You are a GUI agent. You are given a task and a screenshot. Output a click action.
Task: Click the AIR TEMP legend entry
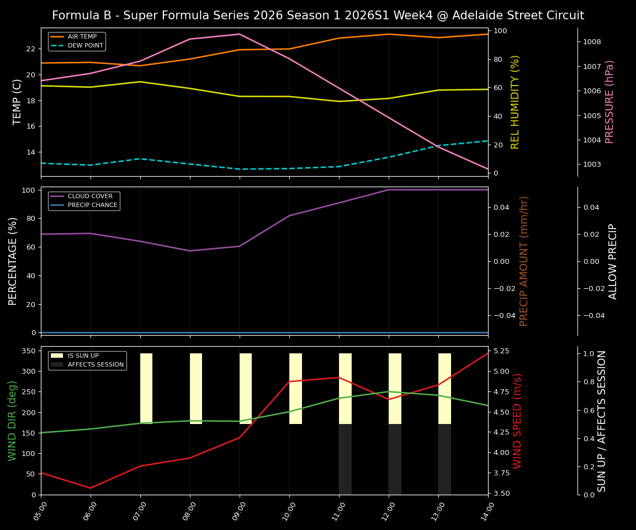point(82,37)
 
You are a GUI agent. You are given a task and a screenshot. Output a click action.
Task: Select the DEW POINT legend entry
point(82,45)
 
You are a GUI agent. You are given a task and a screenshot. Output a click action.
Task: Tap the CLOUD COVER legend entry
point(90,197)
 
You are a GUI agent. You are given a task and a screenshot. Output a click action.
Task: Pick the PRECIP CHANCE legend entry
point(92,205)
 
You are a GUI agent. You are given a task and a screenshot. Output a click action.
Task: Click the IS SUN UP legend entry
point(83,356)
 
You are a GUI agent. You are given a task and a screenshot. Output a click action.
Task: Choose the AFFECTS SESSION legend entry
point(96,364)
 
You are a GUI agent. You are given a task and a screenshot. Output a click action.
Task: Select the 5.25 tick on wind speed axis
point(502,351)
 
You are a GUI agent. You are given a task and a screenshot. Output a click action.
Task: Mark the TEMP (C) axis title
point(18,102)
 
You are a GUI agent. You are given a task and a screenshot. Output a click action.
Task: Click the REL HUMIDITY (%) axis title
point(516,102)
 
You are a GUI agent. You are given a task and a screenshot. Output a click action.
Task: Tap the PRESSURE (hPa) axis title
point(609,102)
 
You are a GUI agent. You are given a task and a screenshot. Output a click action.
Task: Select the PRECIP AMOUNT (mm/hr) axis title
point(524,261)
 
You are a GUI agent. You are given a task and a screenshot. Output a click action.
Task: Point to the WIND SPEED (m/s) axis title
point(517,421)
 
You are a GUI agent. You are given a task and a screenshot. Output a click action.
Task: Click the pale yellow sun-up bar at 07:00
point(146,389)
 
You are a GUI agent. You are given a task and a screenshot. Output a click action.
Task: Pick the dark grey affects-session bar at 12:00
point(395,459)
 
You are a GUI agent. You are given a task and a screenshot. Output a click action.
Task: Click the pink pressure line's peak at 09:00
point(240,34)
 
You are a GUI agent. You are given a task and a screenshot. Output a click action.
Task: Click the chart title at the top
point(318,15)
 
